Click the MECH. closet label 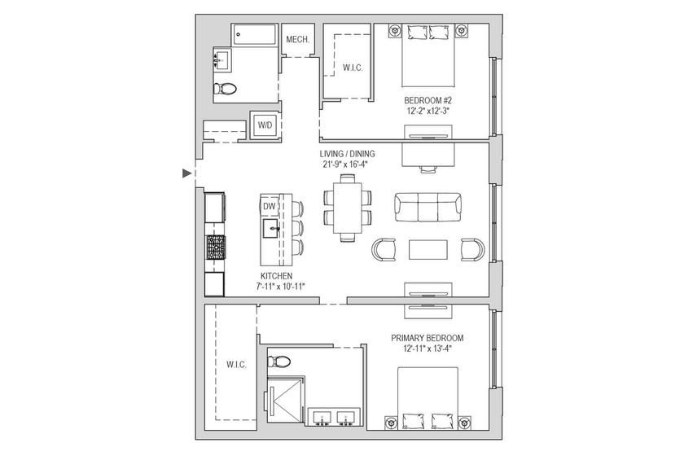[296, 40]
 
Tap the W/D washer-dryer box [265, 125]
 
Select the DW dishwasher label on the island [270, 207]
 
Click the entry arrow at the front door [187, 173]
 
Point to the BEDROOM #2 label [429, 101]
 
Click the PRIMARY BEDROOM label [427, 338]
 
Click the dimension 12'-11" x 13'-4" [427, 349]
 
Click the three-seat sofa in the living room [427, 207]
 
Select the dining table [348, 208]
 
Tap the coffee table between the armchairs [428, 249]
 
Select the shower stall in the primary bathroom [286, 402]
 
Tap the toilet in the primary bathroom [282, 361]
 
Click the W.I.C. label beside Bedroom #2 [352, 68]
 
